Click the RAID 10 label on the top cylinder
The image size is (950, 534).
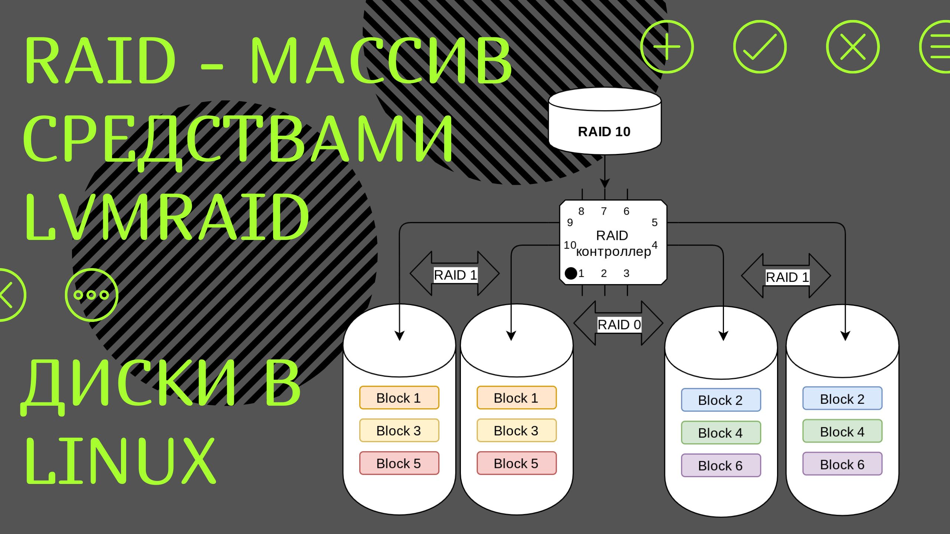pos(604,132)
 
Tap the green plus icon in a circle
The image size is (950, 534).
pos(667,47)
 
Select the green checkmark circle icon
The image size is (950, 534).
pos(760,47)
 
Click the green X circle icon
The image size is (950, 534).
pos(852,47)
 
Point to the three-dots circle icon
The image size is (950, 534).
pos(91,295)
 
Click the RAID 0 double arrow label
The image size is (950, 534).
pos(619,324)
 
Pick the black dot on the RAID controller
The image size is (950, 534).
pos(571,273)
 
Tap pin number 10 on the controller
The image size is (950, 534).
pos(570,245)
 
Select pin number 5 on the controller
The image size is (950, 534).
pos(655,222)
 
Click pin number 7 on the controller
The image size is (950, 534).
pos(604,211)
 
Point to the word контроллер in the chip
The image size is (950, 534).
pos(613,252)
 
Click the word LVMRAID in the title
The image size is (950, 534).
pos(167,217)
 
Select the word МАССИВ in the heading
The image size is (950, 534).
pos(382,61)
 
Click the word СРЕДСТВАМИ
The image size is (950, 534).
pos(237,139)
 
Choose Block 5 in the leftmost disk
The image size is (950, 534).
pos(399,463)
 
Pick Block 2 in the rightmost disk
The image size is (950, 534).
pos(842,399)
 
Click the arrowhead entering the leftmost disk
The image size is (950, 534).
pos(399,336)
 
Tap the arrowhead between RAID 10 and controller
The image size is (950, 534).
pos(605,183)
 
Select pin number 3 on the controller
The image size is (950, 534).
pos(626,273)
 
